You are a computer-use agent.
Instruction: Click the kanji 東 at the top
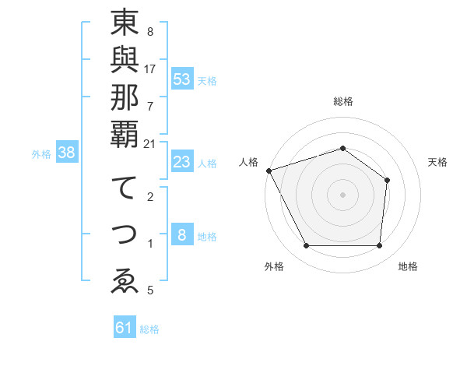point(125,25)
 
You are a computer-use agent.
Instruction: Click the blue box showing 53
point(182,79)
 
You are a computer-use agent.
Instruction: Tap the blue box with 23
point(182,162)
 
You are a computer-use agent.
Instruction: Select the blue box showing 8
point(182,235)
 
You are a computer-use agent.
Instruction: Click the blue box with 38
point(66,153)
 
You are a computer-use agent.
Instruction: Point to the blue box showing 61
point(125,328)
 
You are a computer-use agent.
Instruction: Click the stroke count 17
point(150,69)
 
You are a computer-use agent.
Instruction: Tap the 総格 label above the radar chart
point(342,101)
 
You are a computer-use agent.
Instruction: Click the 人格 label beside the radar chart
point(248,162)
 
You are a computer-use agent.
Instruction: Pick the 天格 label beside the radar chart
point(437,162)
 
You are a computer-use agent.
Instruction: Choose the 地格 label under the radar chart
point(408,266)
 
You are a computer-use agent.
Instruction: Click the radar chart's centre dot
point(342,194)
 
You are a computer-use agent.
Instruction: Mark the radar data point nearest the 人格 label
point(269,170)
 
